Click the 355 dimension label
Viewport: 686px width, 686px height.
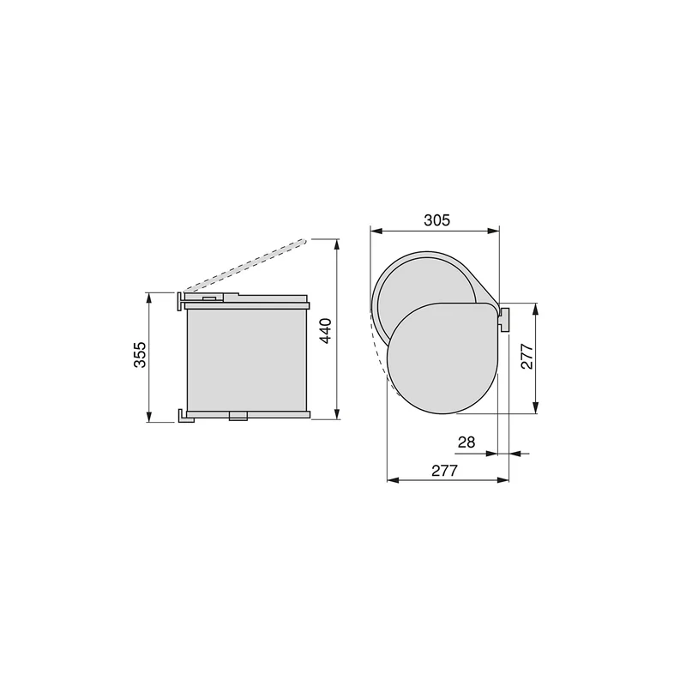[x=140, y=354]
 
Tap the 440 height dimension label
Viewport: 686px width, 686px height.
[x=327, y=331]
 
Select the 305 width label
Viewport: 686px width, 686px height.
[x=436, y=220]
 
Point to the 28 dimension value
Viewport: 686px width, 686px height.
[x=466, y=442]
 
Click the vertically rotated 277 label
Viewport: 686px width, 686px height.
[x=527, y=357]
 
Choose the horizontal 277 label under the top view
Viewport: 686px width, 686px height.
[x=444, y=471]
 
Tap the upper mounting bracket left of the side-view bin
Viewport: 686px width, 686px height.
[x=180, y=301]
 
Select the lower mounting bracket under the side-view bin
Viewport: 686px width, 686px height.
[x=185, y=416]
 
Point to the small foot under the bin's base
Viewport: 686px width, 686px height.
[x=238, y=416]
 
